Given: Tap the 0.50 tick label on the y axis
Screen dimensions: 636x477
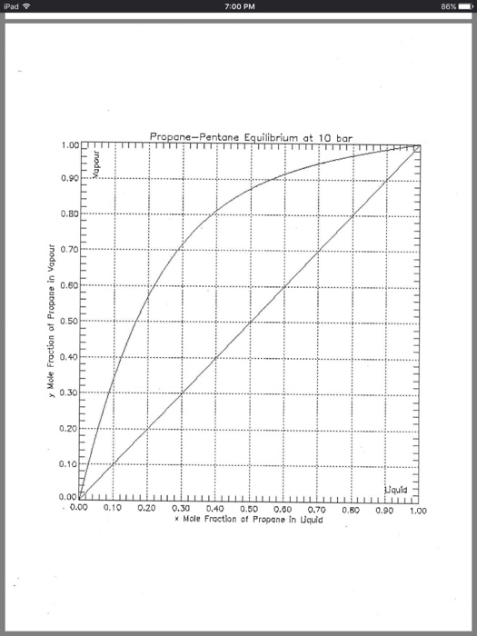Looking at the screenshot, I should pyautogui.click(x=67, y=322).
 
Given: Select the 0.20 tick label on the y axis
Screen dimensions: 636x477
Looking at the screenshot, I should pyautogui.click(x=67, y=428).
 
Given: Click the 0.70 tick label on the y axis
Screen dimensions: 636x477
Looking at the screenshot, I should pyautogui.click(x=67, y=250).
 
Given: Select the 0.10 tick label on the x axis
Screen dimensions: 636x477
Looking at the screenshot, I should pyautogui.click(x=113, y=511).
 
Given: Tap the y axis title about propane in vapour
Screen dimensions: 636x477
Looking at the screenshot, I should pyautogui.click(x=53, y=323).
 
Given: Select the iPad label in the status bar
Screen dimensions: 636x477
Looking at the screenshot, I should pyautogui.click(x=15, y=8).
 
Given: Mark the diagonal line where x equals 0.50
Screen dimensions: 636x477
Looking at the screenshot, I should pyautogui.click(x=250, y=322).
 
